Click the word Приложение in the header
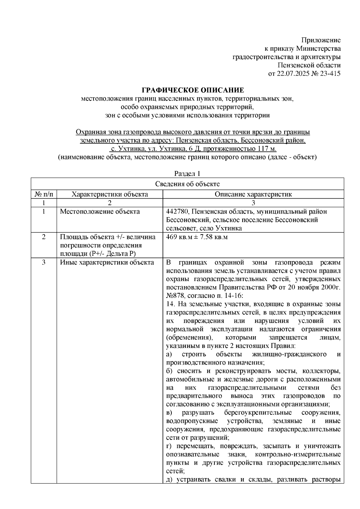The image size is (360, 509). [x=321, y=40]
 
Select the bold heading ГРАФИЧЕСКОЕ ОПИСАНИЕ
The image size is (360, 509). [x=193, y=90]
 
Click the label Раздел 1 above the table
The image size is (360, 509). [x=187, y=174]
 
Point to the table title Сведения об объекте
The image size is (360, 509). [x=187, y=184]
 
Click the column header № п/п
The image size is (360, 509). [x=44, y=194]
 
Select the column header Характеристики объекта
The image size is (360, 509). [x=109, y=194]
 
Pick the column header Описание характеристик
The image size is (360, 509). [x=253, y=194]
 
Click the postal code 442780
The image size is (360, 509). [x=176, y=211]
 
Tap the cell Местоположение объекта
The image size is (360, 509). [x=100, y=211]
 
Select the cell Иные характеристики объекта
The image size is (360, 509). [x=107, y=262]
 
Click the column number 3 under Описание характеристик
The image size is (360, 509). [x=253, y=203]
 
